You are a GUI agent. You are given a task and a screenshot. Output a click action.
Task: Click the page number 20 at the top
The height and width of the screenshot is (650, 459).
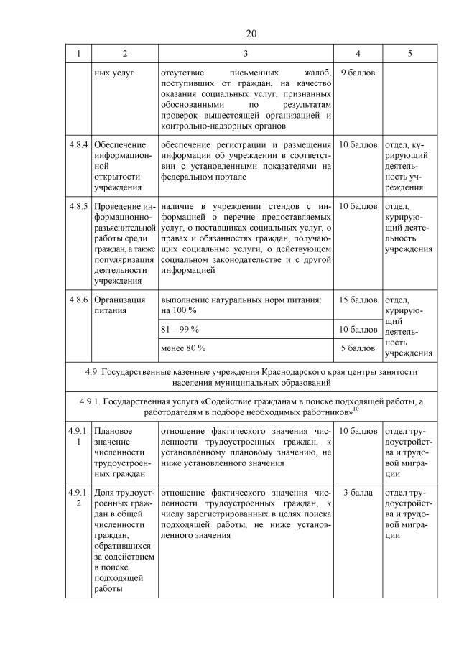click(x=251, y=34)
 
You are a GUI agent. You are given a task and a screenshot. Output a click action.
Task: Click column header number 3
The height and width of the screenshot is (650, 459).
click(x=246, y=53)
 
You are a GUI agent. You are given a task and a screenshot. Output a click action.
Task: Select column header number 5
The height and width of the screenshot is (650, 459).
click(x=409, y=53)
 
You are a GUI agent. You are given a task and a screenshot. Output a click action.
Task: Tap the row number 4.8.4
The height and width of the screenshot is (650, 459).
click(x=78, y=144)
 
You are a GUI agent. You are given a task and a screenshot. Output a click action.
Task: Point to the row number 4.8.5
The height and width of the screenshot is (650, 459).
click(x=78, y=206)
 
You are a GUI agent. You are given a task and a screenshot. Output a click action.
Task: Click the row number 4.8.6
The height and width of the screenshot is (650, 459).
click(x=78, y=300)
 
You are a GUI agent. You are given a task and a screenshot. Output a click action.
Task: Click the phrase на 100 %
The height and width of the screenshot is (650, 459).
click(x=179, y=310)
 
